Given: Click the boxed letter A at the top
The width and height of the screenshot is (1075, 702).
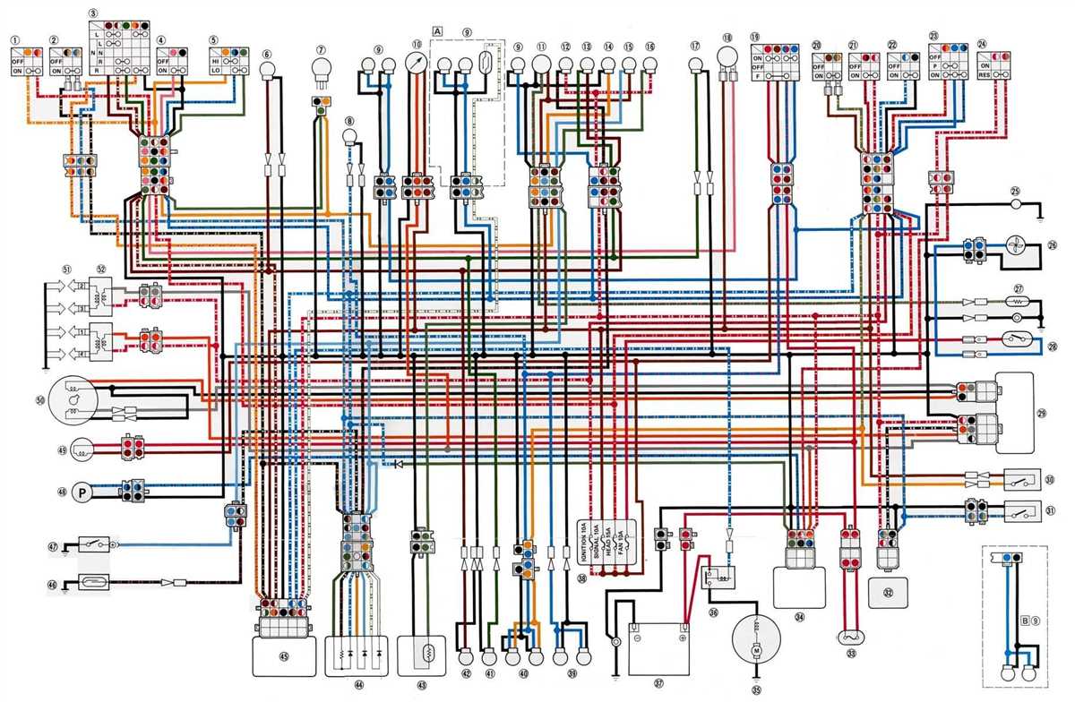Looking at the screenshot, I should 437,30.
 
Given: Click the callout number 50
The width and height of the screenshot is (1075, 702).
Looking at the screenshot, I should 40,399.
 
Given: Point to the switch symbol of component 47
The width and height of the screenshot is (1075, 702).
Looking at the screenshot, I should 96,544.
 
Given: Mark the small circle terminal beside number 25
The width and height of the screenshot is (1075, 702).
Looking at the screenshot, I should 1016,204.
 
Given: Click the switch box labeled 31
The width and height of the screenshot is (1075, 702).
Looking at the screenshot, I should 1019,513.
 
